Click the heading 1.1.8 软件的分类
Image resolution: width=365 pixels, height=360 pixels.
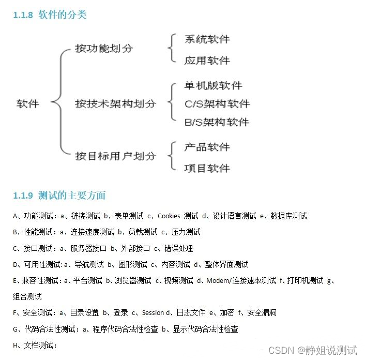point(50,15)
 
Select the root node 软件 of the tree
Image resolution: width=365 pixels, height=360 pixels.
point(28,103)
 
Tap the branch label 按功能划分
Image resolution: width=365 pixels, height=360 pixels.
point(104,49)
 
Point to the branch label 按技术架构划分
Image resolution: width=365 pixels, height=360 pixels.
point(115,103)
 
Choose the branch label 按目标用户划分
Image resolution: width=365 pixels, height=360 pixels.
point(115,156)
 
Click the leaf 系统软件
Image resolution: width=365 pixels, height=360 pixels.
point(207,39)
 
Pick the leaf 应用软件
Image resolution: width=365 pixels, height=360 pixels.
point(207,61)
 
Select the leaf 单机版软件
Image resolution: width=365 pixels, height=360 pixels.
point(213,85)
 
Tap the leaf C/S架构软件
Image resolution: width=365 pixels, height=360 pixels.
point(217,103)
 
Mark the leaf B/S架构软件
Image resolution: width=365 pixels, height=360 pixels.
point(217,122)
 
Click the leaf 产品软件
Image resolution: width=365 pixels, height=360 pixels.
point(207,147)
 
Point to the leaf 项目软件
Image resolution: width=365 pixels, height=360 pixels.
point(207,168)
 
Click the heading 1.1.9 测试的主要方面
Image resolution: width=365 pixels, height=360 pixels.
point(59,196)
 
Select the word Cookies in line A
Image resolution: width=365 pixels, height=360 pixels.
point(169,216)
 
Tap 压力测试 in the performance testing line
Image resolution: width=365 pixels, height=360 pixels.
point(186,232)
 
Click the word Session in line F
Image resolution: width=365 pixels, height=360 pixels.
point(153,313)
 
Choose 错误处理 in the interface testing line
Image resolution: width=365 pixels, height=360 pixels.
point(178,248)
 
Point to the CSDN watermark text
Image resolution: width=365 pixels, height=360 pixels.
point(313,350)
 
